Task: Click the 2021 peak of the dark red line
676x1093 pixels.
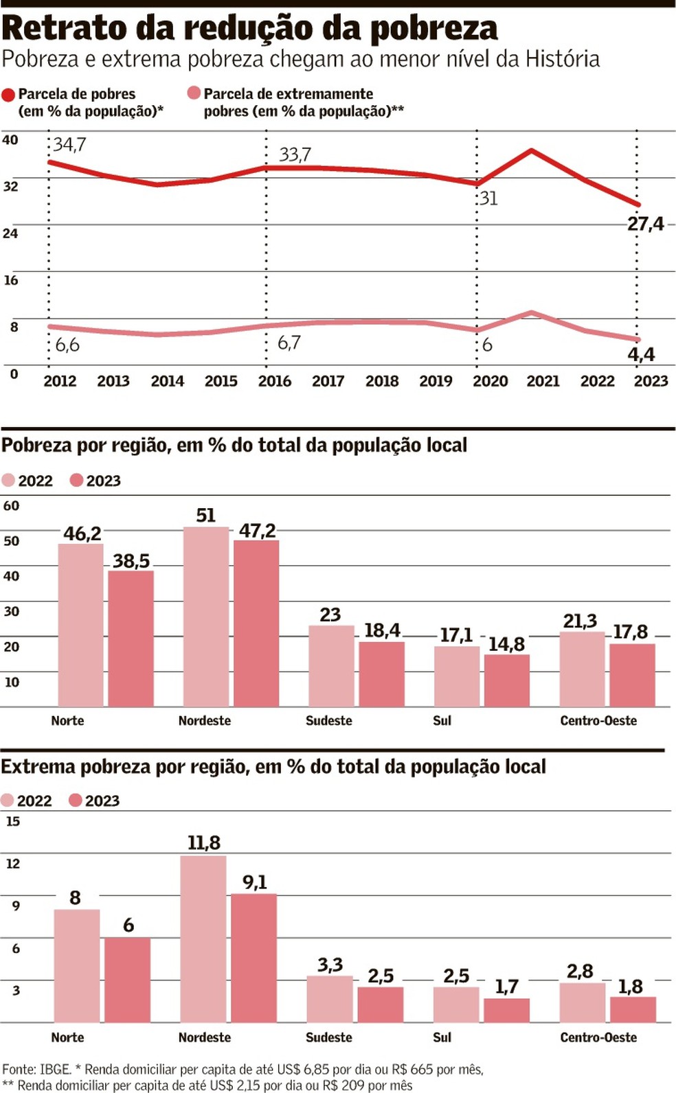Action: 531,150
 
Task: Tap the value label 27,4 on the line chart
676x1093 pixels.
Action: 645,224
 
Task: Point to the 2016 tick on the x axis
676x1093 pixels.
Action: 274,381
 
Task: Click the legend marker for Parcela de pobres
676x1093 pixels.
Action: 9,95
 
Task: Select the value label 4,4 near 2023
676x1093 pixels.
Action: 641,354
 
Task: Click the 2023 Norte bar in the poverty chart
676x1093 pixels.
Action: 131,638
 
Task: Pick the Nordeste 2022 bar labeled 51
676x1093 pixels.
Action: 205,617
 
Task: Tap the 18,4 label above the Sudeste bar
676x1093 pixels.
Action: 382,630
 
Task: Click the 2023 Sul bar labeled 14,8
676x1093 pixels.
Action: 507,680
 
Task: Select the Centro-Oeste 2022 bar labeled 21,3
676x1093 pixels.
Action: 582,669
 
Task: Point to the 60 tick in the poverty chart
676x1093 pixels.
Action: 12,506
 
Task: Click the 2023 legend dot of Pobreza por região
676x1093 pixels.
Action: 76,480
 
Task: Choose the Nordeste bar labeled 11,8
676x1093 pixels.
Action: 203,939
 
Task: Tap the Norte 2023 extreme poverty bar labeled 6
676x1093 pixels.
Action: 127,980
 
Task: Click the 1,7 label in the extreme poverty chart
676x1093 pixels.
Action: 507,987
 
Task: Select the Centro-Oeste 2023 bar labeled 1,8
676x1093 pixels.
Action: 633,1009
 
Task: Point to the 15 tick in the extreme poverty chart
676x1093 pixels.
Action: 13,821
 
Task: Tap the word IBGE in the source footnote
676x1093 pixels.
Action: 55,1069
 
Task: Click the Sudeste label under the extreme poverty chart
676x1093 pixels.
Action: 328,1037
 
